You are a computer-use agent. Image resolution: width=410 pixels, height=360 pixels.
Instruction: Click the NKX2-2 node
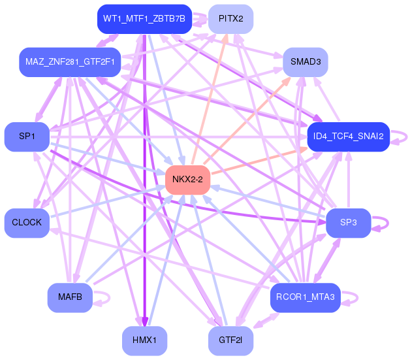187,179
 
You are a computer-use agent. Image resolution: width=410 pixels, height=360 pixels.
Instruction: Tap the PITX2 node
231,20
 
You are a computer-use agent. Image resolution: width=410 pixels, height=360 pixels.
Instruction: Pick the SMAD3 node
305,62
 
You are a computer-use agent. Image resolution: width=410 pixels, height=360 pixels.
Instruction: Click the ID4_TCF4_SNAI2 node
348,137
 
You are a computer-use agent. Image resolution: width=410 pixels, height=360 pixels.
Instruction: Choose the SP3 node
348,223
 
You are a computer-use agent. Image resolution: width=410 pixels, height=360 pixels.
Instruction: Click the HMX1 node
144,340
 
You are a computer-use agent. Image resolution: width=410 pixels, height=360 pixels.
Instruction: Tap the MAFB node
70,297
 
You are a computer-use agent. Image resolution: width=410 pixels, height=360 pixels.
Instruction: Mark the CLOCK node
27,223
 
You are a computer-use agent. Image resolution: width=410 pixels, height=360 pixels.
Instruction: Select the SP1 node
27,137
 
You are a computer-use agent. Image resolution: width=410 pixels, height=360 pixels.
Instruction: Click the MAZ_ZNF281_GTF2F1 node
70,62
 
